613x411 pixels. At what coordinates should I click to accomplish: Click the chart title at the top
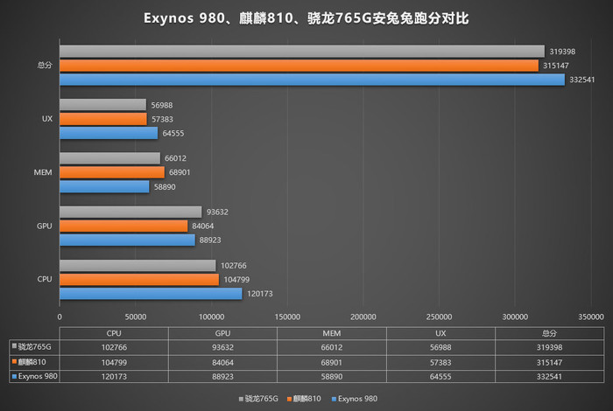click(306, 17)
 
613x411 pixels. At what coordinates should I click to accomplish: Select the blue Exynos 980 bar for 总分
click(312, 80)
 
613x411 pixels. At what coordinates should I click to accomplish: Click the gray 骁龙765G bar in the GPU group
click(130, 212)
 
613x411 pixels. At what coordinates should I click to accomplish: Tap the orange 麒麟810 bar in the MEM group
click(111, 172)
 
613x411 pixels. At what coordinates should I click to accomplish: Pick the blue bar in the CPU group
click(151, 294)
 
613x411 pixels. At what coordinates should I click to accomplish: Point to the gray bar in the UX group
click(102, 105)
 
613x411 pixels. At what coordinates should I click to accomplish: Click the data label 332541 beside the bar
click(584, 80)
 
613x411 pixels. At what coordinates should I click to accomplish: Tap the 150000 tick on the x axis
click(287, 317)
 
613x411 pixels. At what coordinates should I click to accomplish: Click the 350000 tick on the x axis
click(591, 317)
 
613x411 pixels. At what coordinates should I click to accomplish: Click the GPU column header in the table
click(222, 333)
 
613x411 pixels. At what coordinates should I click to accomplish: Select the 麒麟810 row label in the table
click(33, 361)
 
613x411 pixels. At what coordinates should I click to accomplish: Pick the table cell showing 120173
click(113, 375)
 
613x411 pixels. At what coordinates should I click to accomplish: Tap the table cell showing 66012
click(331, 347)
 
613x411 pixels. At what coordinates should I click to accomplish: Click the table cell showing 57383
click(440, 361)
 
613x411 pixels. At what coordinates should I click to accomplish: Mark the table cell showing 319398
click(549, 347)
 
